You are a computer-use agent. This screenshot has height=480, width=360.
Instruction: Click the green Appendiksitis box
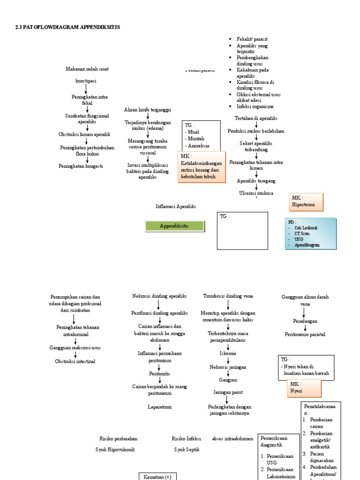coord(174,226)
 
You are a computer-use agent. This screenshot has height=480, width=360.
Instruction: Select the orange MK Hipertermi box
coord(306,202)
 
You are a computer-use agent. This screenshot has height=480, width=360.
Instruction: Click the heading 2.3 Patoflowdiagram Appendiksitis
coord(67,27)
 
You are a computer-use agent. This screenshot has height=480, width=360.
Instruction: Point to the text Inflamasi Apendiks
coord(175,206)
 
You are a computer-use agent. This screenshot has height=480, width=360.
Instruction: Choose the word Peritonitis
coord(160,374)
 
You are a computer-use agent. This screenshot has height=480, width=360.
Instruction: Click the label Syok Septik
coord(187,449)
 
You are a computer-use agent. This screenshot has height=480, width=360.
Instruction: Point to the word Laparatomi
coord(160,407)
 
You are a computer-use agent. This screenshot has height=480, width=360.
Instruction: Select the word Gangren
coord(228,379)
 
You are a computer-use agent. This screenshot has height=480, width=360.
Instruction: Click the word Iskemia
coord(228,353)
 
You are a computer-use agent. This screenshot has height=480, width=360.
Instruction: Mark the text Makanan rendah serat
coord(87,69)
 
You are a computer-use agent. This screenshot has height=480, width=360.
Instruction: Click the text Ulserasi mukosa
coord(256,193)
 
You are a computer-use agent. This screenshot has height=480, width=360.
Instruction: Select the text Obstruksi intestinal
coord(75,361)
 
